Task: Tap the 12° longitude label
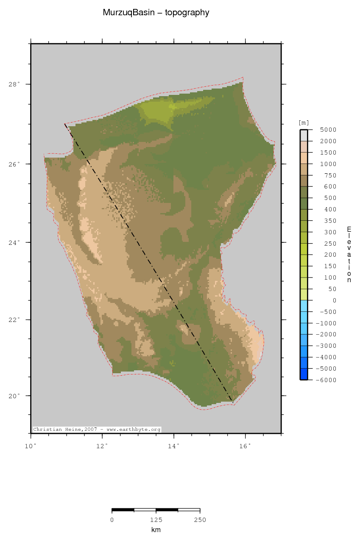(x=102, y=446)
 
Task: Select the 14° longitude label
(x=174, y=446)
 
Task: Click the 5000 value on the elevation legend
(x=328, y=130)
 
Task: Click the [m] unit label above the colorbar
(x=304, y=123)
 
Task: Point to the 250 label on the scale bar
(x=200, y=520)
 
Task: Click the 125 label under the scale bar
(x=156, y=520)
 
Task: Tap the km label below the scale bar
(x=156, y=530)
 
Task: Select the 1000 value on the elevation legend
(x=328, y=164)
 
